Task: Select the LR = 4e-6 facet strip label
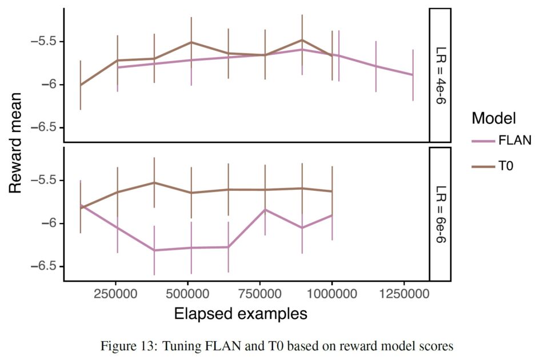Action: point(441,74)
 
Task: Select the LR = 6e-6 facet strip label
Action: point(441,214)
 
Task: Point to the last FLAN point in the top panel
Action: point(413,75)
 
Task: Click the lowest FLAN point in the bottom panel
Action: point(154,250)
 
